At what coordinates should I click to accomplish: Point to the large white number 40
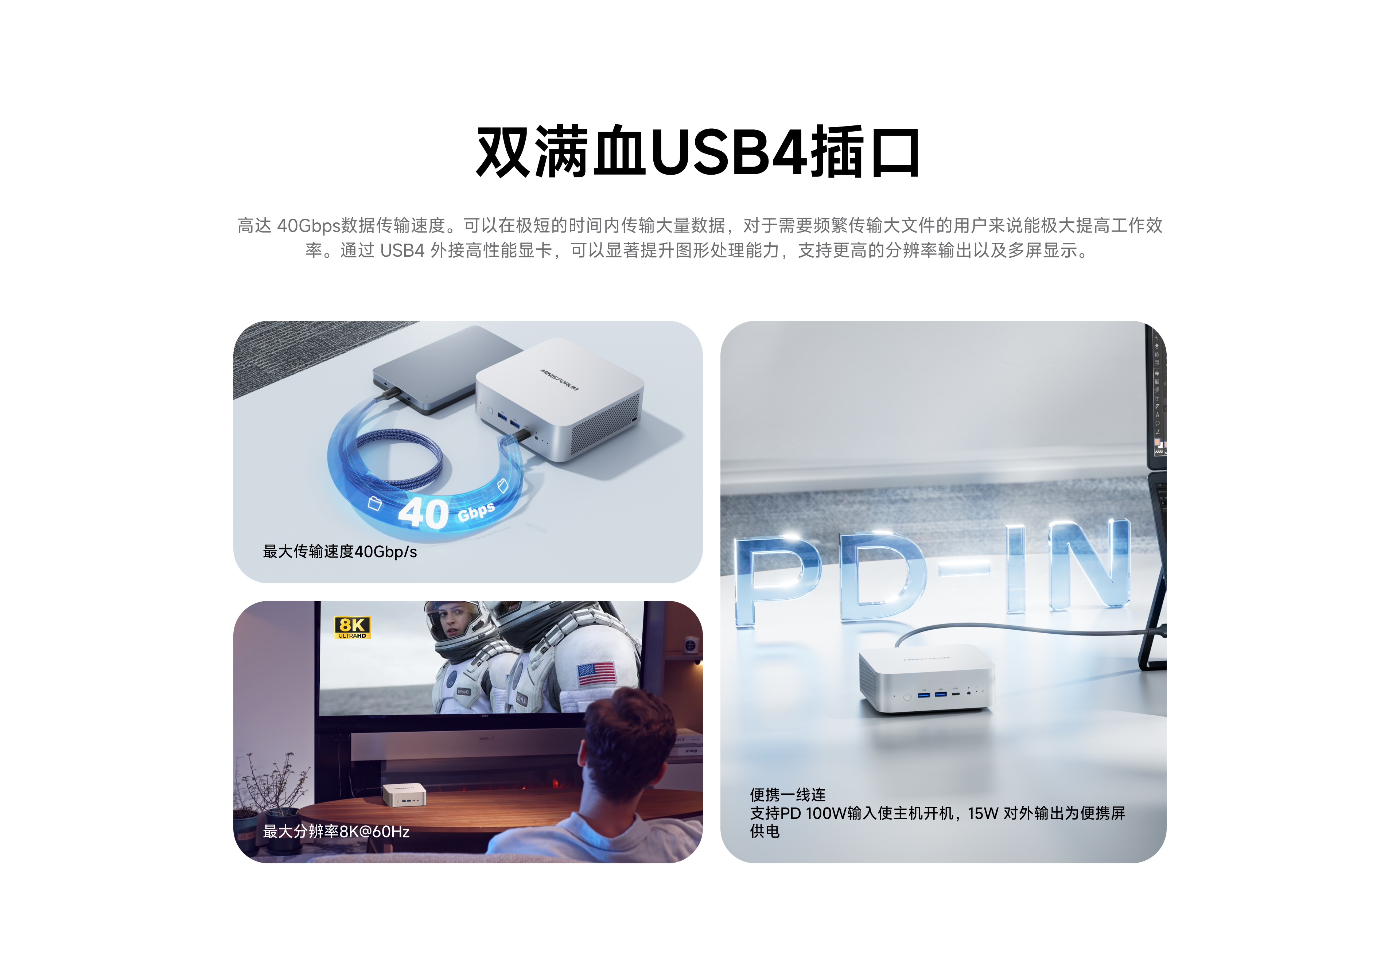click(x=423, y=513)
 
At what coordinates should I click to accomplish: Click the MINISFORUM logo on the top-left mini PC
click(x=559, y=379)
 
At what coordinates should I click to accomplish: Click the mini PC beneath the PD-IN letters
click(x=926, y=680)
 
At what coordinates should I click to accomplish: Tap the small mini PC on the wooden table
click(x=404, y=795)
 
